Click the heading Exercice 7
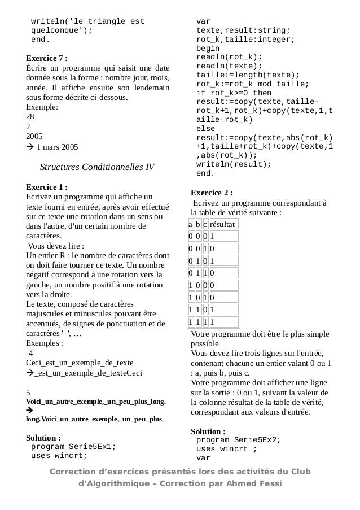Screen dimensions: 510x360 [x=47, y=58]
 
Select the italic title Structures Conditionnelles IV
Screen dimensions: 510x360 [x=97, y=167]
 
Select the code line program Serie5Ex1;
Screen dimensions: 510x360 [x=73, y=446]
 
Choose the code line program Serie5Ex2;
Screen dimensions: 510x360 [x=238, y=439]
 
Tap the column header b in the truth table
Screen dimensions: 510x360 [x=198, y=225]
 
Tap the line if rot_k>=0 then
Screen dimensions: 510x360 [x=234, y=93]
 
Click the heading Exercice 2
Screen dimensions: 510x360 [x=212, y=192]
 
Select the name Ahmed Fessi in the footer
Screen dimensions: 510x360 [x=256, y=483]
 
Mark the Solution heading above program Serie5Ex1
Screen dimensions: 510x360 [x=43, y=437]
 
